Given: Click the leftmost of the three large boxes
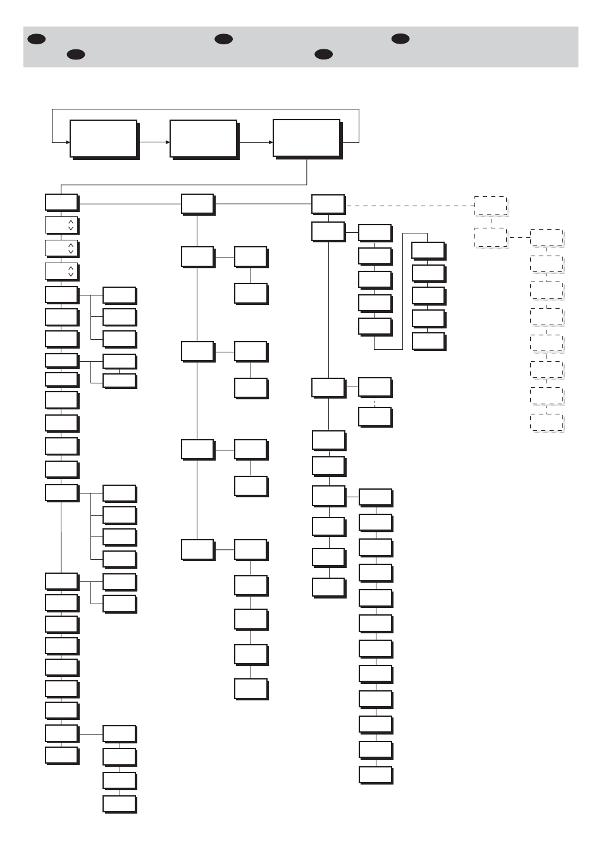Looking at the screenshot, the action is tap(103, 139).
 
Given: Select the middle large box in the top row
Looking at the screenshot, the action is tap(203, 139).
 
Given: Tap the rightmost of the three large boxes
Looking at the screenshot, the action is tap(307, 138).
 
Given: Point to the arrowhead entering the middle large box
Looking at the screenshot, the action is tap(167, 142).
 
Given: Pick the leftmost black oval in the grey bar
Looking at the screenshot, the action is tap(36, 39).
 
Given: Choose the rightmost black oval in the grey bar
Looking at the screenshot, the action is tap(400, 39).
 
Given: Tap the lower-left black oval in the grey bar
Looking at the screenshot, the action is tap(76, 54).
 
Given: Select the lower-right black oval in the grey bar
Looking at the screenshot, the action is tap(323, 54).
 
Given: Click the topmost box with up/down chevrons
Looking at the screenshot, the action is tap(61, 225).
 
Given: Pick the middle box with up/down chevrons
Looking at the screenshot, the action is tap(61, 247).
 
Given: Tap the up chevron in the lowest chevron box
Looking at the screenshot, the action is tap(71, 268).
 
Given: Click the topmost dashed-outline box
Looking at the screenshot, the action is tap(491, 206).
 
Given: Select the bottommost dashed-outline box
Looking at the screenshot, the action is tap(547, 423).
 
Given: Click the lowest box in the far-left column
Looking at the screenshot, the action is tap(61, 755).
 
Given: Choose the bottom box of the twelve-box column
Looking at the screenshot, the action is tap(376, 774).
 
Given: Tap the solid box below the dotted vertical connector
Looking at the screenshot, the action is tap(375, 416).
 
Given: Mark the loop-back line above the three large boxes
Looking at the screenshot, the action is tap(206, 109).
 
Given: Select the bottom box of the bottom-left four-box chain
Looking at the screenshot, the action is tap(119, 803).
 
